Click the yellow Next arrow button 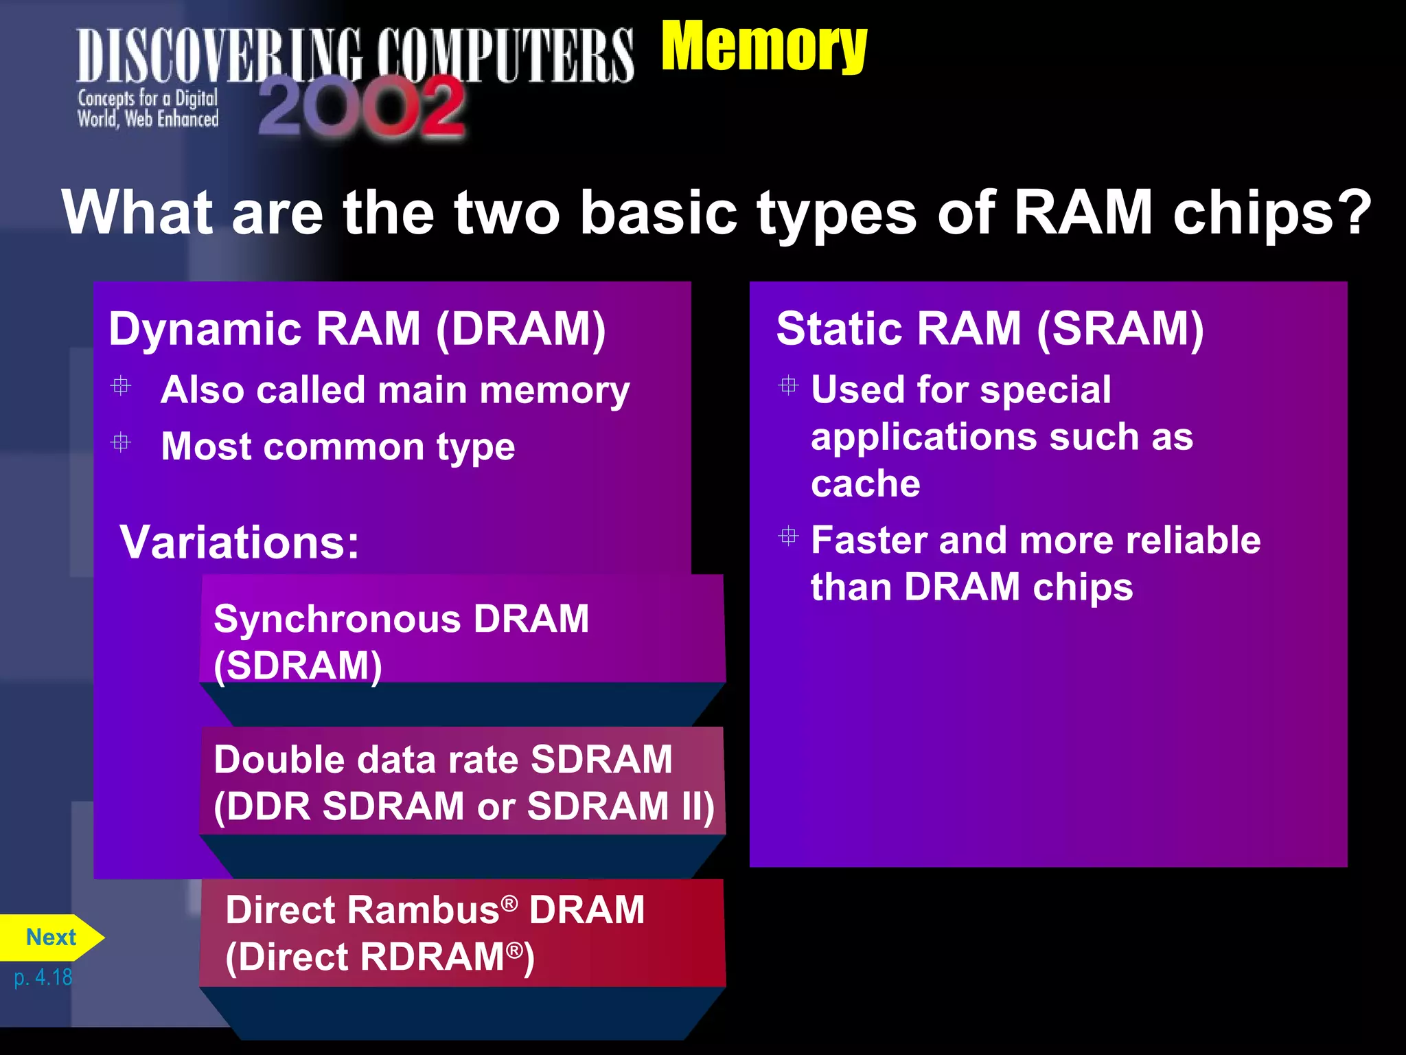[51, 938]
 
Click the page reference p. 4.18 [43, 977]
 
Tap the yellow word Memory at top [763, 47]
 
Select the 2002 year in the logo [362, 106]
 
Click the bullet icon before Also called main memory [121, 386]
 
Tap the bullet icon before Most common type [121, 442]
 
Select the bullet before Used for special [789, 385]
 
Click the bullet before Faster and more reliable [789, 536]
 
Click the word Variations [239, 543]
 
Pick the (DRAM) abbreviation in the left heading [521, 329]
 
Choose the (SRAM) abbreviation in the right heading [1120, 329]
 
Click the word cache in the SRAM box [865, 484]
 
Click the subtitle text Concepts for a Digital [148, 99]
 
